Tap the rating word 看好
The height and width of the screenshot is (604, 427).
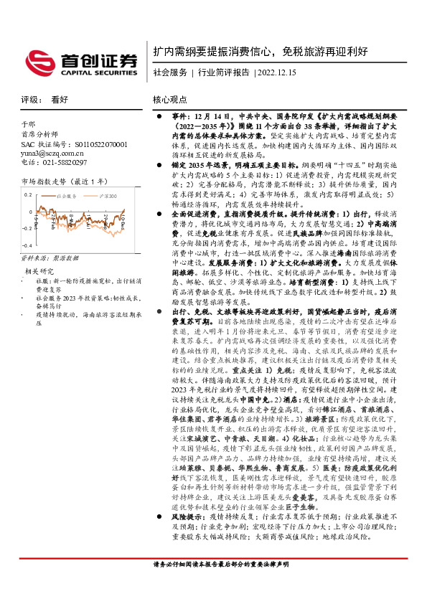pos(59,101)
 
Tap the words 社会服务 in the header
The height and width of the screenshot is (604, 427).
pos(170,72)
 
